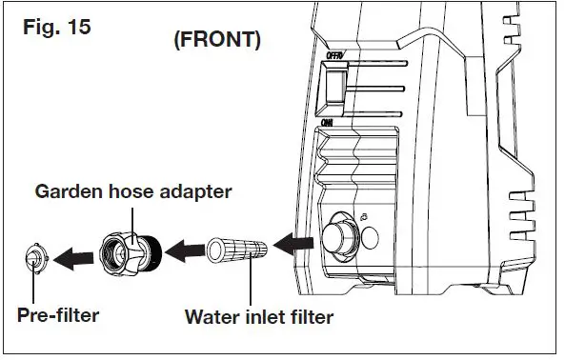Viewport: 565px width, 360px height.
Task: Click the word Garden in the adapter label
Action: (71, 191)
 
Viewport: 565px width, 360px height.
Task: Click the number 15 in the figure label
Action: (77, 26)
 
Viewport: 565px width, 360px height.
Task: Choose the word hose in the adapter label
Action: (130, 191)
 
